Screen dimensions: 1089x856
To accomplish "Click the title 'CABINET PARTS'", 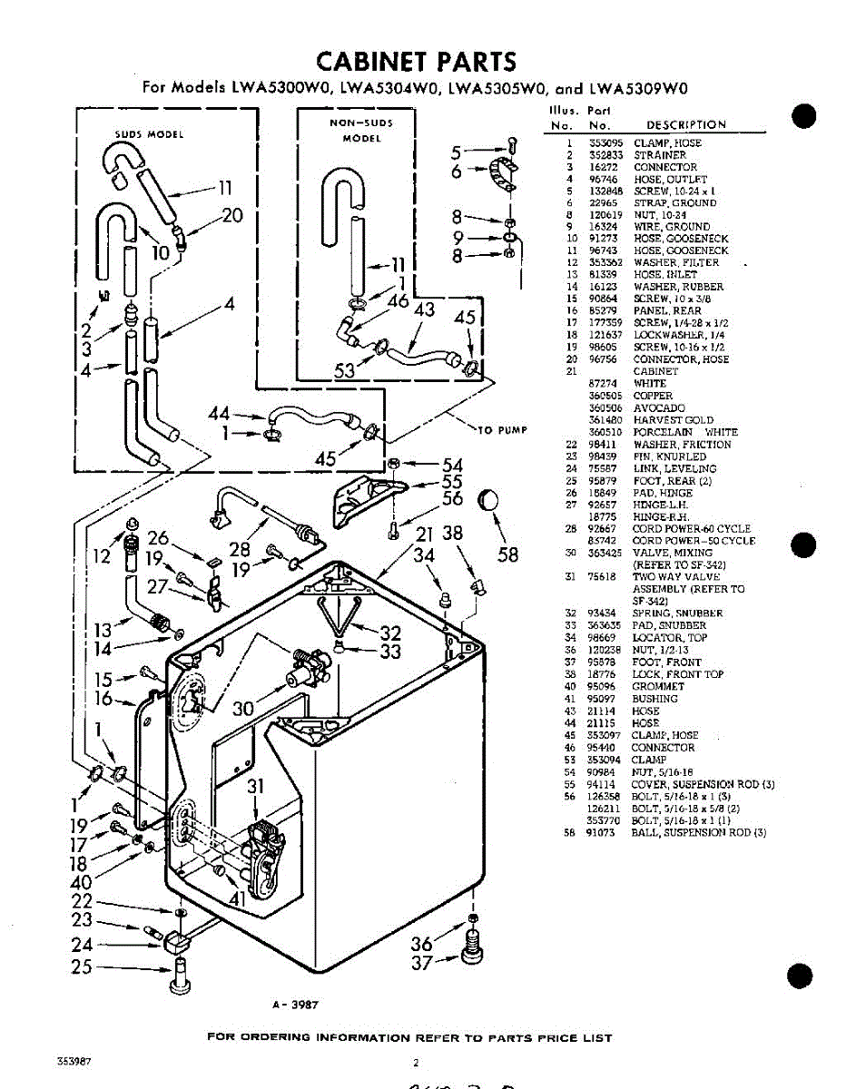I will (417, 62).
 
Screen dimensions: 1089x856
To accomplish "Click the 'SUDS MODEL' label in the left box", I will (149, 134).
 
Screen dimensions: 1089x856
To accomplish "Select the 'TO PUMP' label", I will (502, 429).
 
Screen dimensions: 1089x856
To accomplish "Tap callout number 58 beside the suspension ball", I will (507, 553).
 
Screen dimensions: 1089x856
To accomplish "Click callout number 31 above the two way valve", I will (256, 787).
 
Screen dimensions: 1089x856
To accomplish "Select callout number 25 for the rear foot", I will (82, 967).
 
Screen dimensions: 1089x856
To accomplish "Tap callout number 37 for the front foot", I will (422, 964).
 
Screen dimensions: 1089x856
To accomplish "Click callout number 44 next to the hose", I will (220, 414).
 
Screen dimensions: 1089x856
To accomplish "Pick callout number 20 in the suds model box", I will (233, 215).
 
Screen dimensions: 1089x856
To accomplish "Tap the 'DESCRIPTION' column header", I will (685, 125).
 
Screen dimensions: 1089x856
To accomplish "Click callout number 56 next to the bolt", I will (452, 498).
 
